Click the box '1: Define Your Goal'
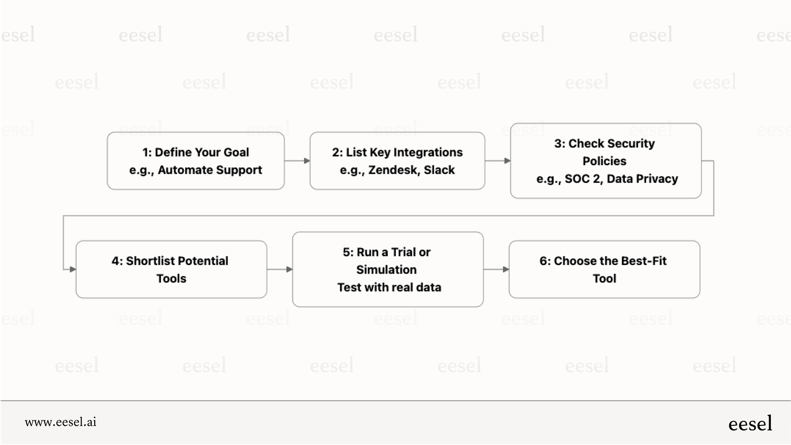click(x=195, y=161)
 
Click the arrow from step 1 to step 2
click(x=297, y=161)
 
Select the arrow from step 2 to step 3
click(x=498, y=161)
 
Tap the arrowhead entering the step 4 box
click(x=73, y=269)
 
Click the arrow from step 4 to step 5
click(x=280, y=269)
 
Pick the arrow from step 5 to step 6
click(x=496, y=269)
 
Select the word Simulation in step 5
click(x=386, y=270)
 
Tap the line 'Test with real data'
click(x=389, y=287)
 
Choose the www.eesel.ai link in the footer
click(x=60, y=422)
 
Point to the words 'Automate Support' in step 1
click(x=210, y=170)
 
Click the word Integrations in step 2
click(x=428, y=153)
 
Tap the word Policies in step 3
click(x=604, y=161)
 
